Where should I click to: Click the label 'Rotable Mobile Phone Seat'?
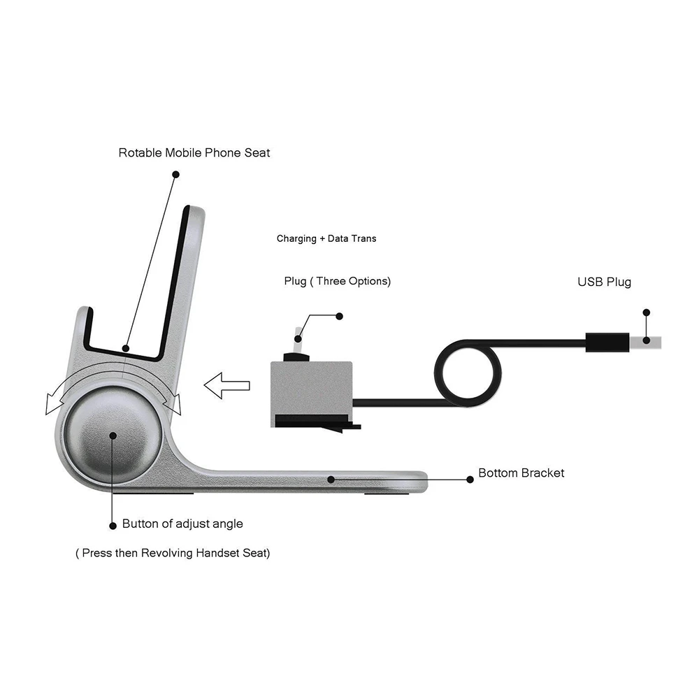pos(194,152)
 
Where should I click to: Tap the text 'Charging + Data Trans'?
pos(326,238)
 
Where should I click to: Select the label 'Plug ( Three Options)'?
pos(337,281)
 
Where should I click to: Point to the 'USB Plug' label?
pos(604,282)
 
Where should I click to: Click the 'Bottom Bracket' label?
pos(521,473)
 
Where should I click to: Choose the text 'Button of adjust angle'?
pos(182,523)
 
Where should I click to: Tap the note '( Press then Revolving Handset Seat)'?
pos(173,553)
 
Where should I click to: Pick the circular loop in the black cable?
pos(468,371)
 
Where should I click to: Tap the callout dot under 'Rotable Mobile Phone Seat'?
pos(175,174)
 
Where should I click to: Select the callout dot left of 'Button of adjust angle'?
pos(113,524)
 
